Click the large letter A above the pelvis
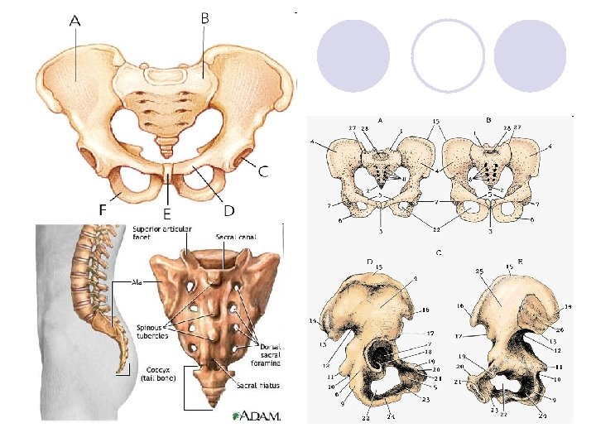[74, 22]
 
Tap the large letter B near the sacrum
[204, 17]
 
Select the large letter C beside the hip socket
[262, 172]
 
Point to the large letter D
[228, 210]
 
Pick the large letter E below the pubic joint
[166, 214]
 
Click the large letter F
[102, 209]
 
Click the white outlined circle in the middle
[448, 55]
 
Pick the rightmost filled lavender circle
[531, 55]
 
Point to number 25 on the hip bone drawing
[478, 271]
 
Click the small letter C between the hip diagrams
[436, 252]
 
